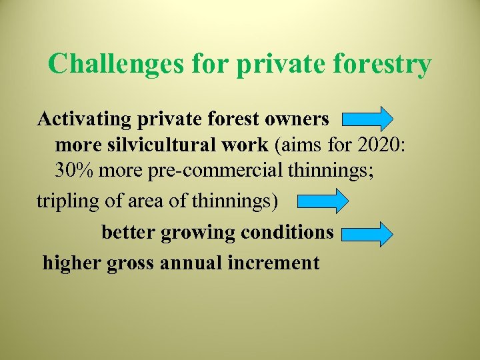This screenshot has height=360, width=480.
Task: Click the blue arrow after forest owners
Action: tap(367, 119)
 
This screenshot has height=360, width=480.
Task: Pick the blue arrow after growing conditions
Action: tap(367, 234)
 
